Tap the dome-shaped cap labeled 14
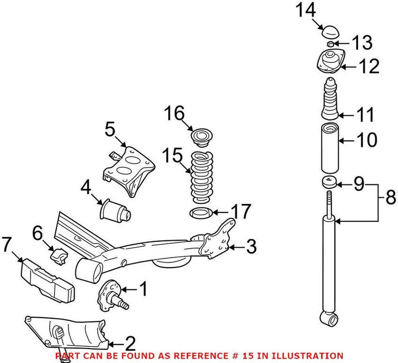click(329, 32)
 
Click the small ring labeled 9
click(330, 182)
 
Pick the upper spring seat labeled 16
click(202, 136)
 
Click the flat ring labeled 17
click(202, 214)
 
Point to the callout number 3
click(252, 246)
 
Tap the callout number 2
click(130, 343)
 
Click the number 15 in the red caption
click(262, 356)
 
